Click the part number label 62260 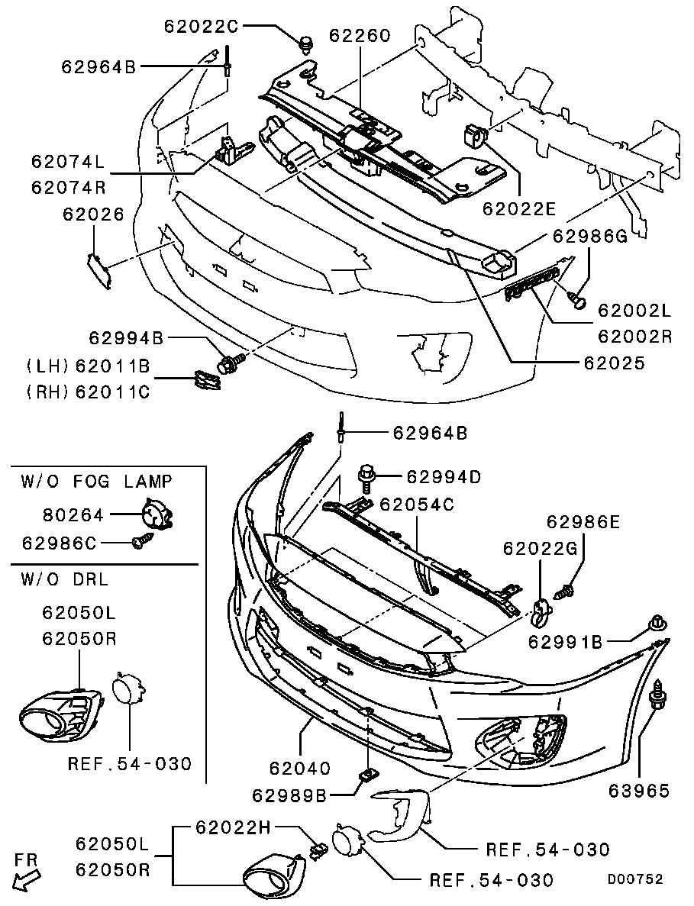pos(360,36)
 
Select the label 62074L pos(68,162)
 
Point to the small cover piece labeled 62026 pos(98,272)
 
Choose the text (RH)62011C pos(88,392)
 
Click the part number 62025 pos(614,363)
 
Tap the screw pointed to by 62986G pos(578,300)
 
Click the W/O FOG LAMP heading pos(96,481)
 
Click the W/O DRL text pos(65,579)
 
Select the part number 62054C pos(417,505)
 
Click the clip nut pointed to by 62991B pos(656,624)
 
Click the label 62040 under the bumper pos(300,767)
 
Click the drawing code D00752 pos(634,879)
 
